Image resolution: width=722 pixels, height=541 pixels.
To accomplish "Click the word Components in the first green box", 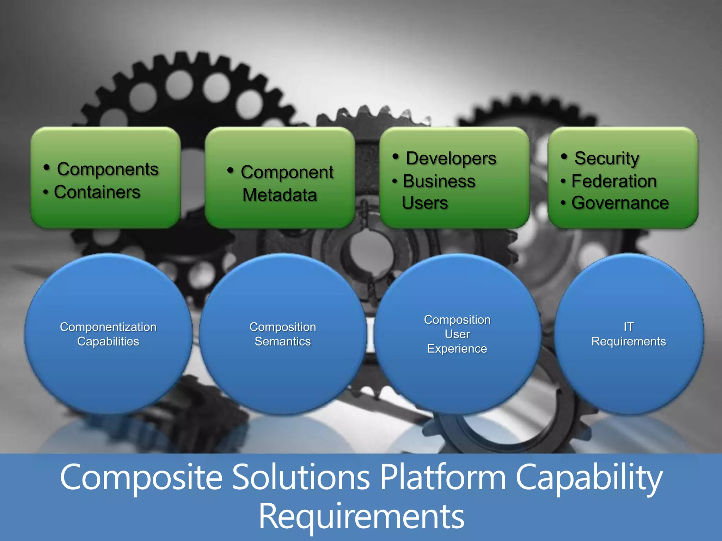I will [108, 169].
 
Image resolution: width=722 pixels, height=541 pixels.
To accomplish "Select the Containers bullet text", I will [97, 192].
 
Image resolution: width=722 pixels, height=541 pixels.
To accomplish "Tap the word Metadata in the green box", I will [280, 195].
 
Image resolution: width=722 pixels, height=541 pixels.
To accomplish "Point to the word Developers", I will [451, 158].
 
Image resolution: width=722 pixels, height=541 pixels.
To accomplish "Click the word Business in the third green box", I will [439, 181].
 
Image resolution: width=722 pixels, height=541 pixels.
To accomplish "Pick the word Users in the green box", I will [425, 203].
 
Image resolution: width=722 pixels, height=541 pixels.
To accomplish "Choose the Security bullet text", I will [606, 158].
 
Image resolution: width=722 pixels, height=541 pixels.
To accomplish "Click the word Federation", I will [614, 181].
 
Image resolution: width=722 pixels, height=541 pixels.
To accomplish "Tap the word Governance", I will [620, 203].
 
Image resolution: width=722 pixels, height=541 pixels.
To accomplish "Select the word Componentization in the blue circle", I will [108, 327].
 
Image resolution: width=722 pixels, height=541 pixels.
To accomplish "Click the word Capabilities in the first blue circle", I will [108, 341].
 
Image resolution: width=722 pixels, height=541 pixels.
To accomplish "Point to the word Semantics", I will [283, 341].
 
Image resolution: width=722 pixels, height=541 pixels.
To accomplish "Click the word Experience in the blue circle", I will [457, 349].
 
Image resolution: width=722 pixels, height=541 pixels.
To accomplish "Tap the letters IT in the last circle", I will [629, 327].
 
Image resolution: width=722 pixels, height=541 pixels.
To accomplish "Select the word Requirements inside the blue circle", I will [629, 341].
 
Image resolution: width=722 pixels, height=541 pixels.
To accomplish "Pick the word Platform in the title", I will [443, 477].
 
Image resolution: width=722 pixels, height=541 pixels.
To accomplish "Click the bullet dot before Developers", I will [396, 156].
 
